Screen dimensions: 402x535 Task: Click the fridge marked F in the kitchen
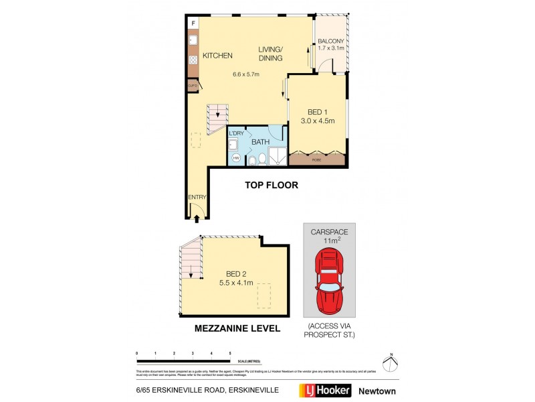pyautogui.click(x=193, y=23)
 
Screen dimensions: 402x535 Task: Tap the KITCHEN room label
pyautogui.click(x=217, y=56)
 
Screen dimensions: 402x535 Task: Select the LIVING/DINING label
pyautogui.click(x=272, y=54)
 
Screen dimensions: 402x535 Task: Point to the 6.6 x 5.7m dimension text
pyautogui.click(x=245, y=74)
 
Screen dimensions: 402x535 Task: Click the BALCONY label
pyautogui.click(x=331, y=41)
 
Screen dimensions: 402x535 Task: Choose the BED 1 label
pyautogui.click(x=318, y=112)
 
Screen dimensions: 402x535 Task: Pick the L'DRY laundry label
pyautogui.click(x=236, y=134)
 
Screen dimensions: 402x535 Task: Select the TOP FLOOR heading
pyautogui.click(x=271, y=185)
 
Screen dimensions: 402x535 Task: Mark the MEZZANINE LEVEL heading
pyautogui.click(x=237, y=329)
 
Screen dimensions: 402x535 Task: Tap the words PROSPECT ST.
pyautogui.click(x=328, y=334)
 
